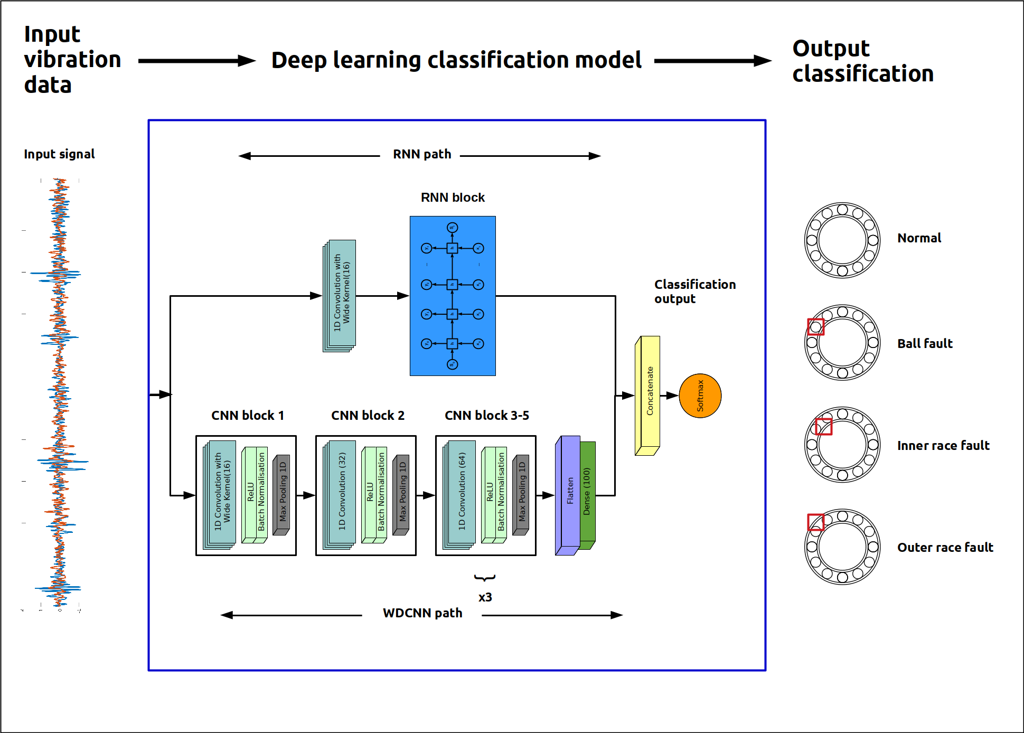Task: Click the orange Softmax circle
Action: click(700, 396)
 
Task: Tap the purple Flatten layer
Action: click(570, 491)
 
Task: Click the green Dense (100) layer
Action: click(588, 491)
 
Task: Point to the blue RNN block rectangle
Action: click(453, 296)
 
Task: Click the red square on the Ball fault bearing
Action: click(815, 326)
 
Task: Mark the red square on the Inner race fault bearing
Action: click(823, 426)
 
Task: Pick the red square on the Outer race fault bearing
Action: click(815, 522)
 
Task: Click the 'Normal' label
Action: click(919, 238)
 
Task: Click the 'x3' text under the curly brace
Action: click(485, 597)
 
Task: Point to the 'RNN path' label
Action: click(422, 154)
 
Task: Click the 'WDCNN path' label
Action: click(422, 613)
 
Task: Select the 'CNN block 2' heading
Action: click(368, 416)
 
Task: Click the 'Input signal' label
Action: click(59, 154)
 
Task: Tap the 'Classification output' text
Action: click(694, 292)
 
